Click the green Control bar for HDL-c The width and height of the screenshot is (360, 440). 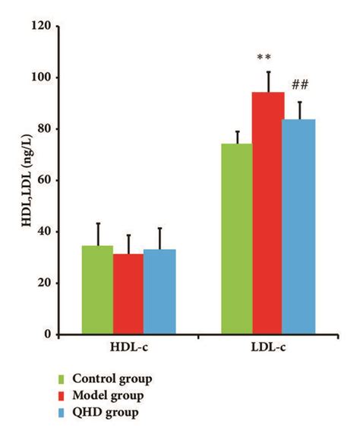97,290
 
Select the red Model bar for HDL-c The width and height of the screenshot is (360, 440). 129,294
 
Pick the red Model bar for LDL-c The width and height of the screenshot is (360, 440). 268,213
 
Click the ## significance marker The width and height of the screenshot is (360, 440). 299,85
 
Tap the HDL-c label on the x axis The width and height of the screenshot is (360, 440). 128,349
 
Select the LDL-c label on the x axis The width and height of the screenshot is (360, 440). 267,349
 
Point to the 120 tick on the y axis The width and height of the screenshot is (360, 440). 44,27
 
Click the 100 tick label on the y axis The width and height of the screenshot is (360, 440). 44,78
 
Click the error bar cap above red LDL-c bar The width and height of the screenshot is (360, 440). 268,71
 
